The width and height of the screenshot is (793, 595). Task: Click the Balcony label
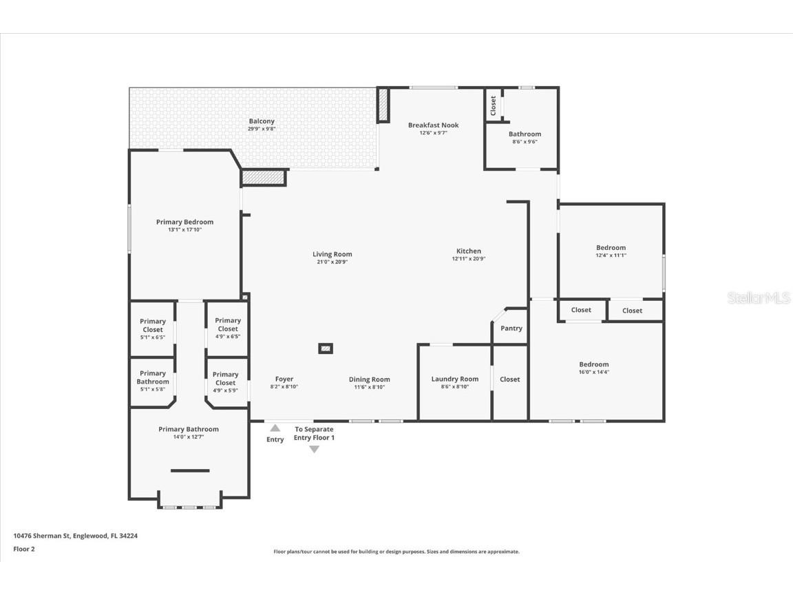[x=262, y=121]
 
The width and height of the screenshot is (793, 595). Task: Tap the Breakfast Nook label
[x=434, y=125]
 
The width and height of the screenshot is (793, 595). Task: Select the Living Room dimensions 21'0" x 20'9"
[x=332, y=262]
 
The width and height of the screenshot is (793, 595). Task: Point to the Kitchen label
[x=469, y=251]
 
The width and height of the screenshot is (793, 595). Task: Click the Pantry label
[x=511, y=328]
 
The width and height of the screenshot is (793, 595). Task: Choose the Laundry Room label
[x=454, y=379]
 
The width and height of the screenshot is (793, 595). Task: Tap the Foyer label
[x=284, y=379]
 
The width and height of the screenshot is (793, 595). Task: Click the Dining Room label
[x=369, y=379]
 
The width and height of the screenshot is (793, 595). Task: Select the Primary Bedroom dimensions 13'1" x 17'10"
[x=184, y=230]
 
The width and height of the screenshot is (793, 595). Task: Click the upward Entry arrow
[x=275, y=428]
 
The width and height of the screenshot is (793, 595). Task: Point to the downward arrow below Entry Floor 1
[x=314, y=449]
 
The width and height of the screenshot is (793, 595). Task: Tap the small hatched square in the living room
[x=326, y=348]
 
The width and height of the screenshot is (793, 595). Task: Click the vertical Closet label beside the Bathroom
[x=494, y=106]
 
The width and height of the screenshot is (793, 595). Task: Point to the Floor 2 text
[x=24, y=549]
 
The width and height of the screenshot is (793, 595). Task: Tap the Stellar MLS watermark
[x=759, y=298]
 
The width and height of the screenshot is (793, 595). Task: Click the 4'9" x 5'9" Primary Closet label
[x=226, y=382]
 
